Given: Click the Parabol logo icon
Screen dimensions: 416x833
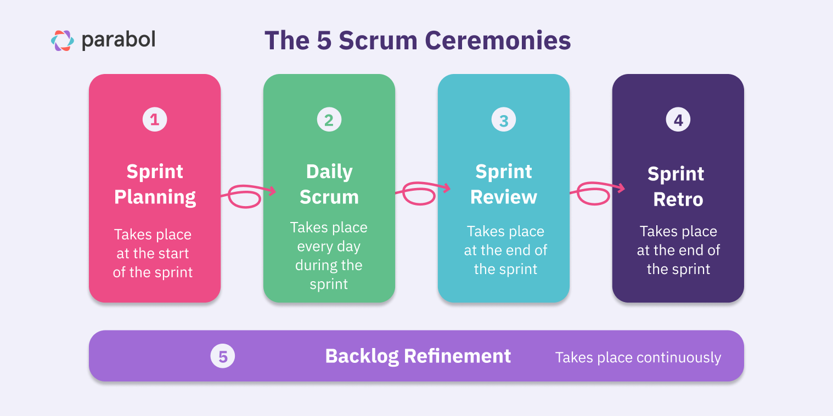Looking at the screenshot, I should [62, 41].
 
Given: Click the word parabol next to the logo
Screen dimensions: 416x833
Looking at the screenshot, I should [119, 40].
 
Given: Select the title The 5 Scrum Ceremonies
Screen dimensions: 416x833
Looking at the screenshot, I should [417, 41].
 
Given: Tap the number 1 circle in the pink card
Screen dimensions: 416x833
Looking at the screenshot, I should [155, 119].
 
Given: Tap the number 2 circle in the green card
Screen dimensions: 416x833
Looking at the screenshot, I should [329, 119].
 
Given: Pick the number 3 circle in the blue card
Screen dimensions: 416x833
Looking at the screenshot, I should [504, 119].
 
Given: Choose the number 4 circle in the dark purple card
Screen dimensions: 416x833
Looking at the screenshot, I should [678, 119].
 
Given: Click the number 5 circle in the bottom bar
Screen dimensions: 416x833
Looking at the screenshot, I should [223, 357].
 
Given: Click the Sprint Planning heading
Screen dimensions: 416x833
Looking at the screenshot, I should [155, 184].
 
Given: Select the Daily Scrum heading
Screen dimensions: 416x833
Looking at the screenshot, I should [329, 184].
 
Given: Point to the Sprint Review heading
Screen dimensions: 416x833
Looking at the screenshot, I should [504, 184].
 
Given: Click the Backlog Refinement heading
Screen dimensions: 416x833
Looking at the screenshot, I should [418, 356].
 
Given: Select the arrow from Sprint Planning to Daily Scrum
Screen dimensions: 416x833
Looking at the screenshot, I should [248, 195].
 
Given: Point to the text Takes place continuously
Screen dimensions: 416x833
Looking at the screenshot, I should [638, 358].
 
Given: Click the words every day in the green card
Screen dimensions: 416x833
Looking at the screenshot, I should [329, 247].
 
